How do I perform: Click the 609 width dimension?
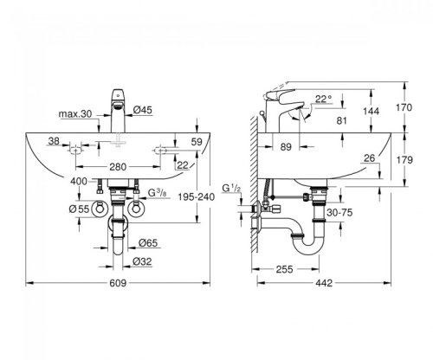click(117, 284)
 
